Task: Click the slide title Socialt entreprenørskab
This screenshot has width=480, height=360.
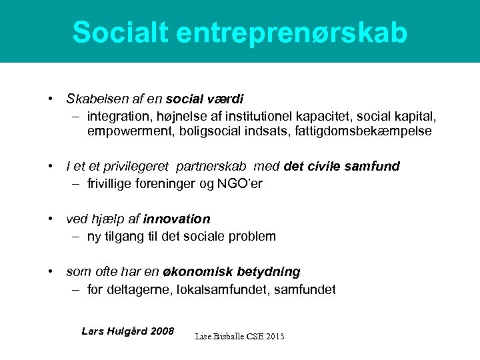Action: click(x=239, y=32)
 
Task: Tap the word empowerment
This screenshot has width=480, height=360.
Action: click(x=131, y=131)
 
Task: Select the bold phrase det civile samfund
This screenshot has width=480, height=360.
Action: click(x=341, y=167)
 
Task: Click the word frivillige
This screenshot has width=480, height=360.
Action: click(x=111, y=183)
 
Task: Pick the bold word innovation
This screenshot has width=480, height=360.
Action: click(x=176, y=219)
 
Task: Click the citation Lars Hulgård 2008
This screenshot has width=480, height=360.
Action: click(x=127, y=331)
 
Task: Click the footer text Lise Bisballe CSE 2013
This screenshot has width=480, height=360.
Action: click(x=239, y=337)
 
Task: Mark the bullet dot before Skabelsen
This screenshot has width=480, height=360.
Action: click(x=51, y=99)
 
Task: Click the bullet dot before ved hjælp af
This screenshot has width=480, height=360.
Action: click(x=51, y=219)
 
